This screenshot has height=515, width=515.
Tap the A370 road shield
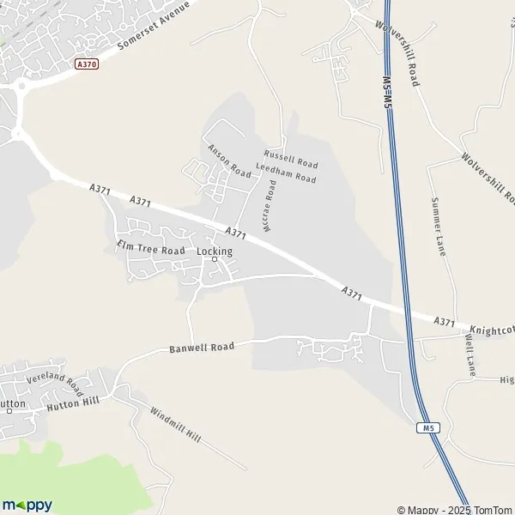[86, 64]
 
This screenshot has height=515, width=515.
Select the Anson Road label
[229, 161]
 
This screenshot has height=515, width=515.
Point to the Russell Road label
[291, 158]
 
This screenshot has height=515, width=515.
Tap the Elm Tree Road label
[151, 249]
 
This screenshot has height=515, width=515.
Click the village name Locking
[215, 251]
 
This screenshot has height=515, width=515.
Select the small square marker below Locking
[215, 259]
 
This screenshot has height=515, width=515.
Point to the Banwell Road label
[202, 348]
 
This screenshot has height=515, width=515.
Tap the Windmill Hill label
[175, 424]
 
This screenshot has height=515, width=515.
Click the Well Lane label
[470, 353]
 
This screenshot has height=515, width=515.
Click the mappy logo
[27, 505]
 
